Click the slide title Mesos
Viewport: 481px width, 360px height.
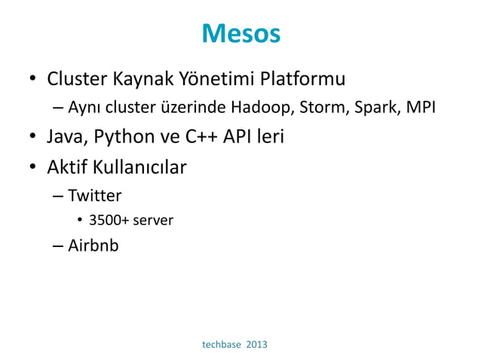240,34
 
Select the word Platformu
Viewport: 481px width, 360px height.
301,79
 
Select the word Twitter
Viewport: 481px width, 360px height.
95,196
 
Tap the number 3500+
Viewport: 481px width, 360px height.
108,221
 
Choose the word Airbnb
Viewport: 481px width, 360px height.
93,246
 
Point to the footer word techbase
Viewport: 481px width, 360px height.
222,344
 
